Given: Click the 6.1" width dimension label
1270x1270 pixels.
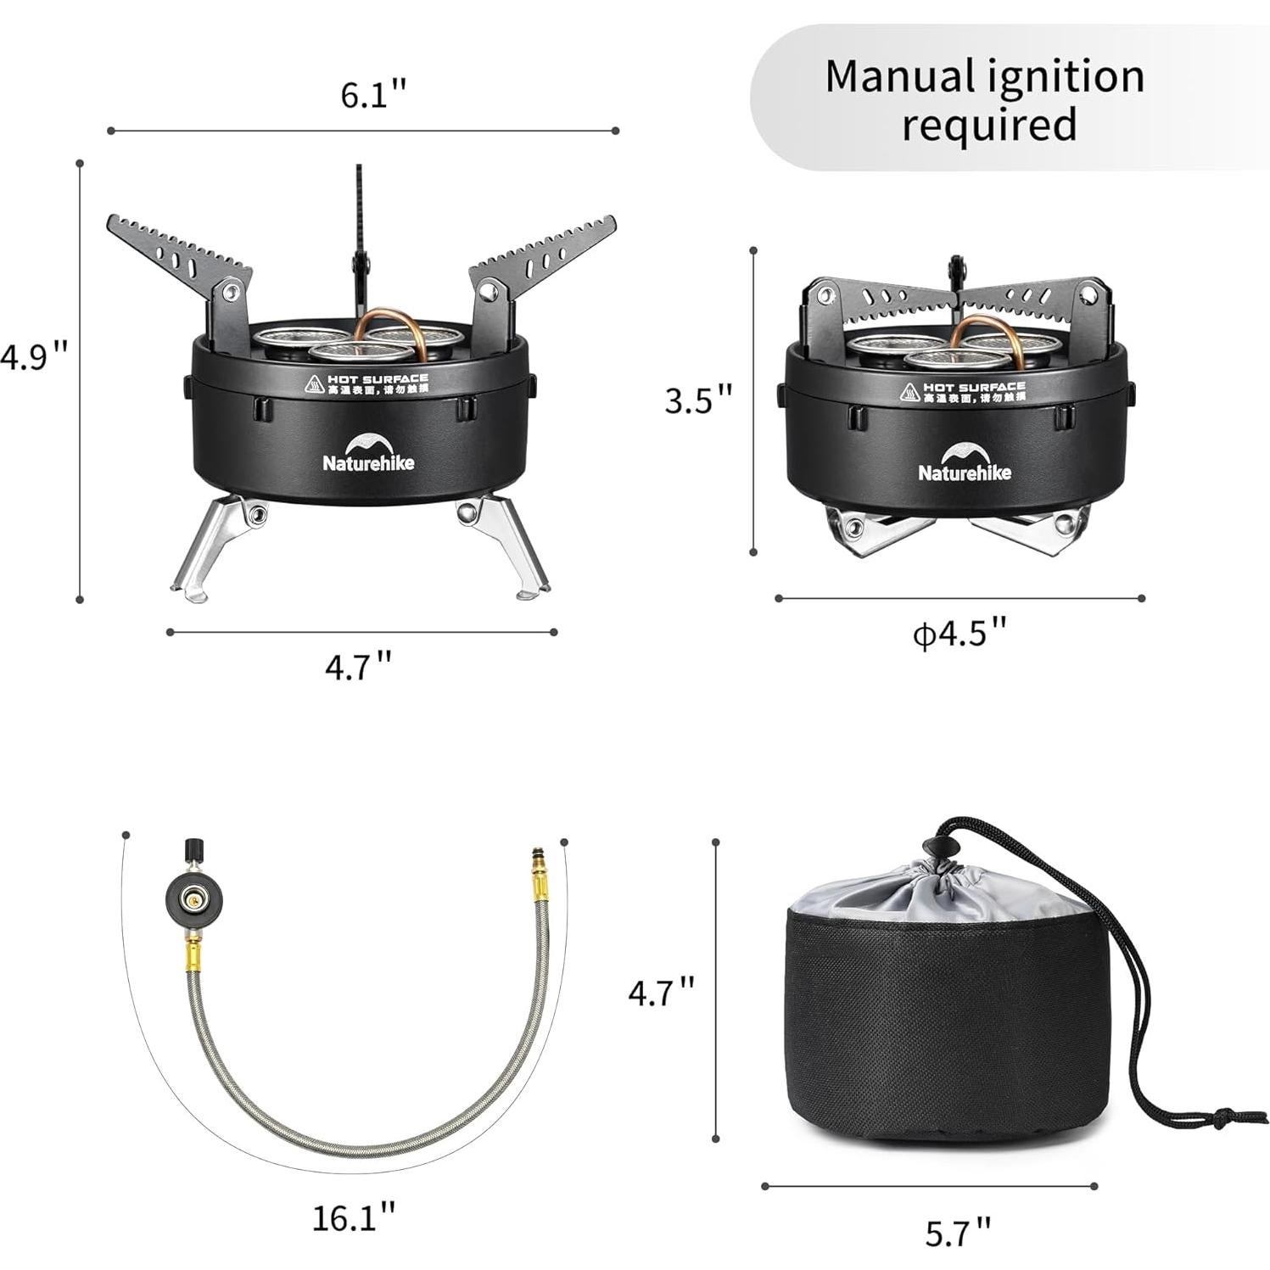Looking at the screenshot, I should (x=374, y=95).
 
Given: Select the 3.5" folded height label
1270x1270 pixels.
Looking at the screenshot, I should (x=697, y=400).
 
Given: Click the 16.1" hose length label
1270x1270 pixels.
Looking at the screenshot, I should (x=354, y=1219).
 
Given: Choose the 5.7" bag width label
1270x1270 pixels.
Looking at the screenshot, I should (x=958, y=1231).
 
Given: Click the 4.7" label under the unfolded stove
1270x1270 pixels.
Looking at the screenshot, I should (x=359, y=666).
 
